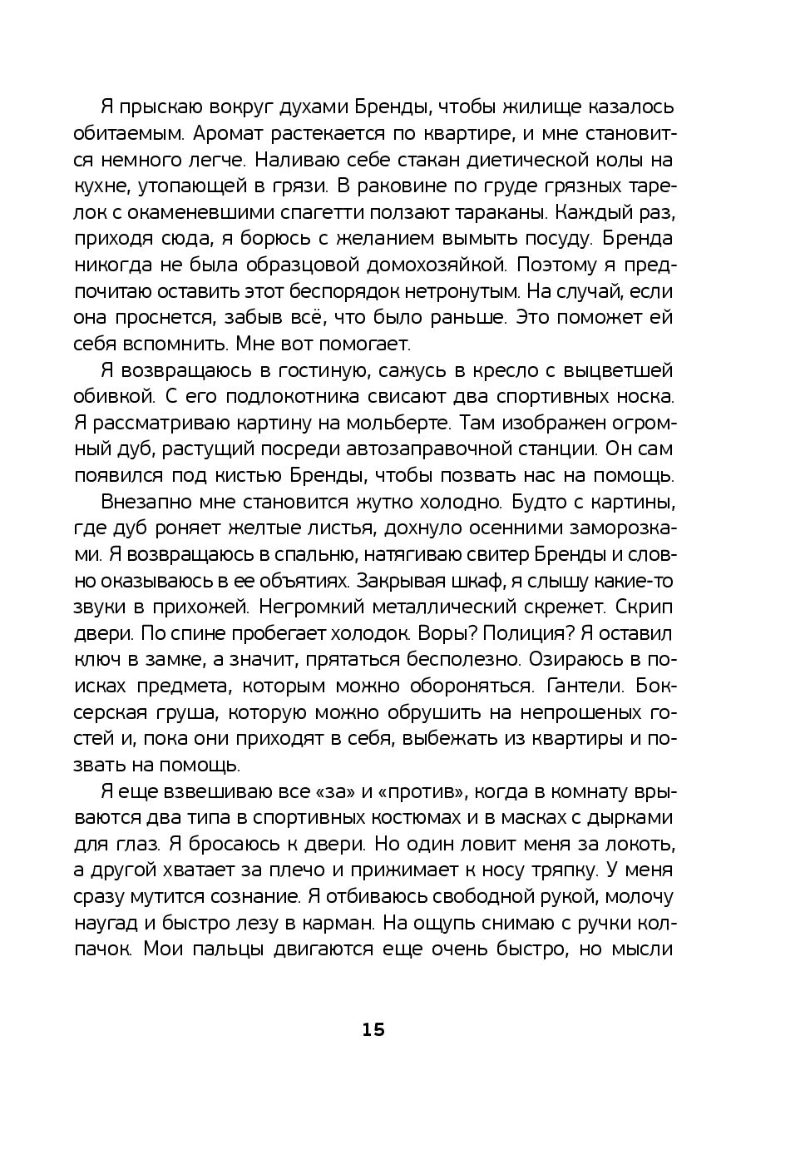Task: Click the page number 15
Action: (x=373, y=1029)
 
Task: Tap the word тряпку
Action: (x=555, y=870)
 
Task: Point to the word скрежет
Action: (x=547, y=607)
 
